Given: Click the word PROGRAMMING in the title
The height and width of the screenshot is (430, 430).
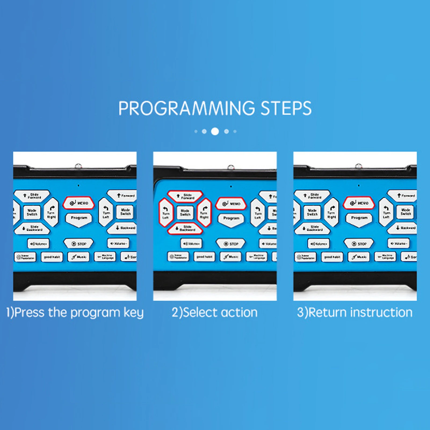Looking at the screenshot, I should click(186, 108).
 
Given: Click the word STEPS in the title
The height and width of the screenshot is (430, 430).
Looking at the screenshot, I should click(286, 108).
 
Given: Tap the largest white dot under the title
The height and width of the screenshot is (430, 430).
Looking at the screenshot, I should click(215, 131).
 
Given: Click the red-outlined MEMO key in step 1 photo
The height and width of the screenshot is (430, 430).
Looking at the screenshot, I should click(79, 203).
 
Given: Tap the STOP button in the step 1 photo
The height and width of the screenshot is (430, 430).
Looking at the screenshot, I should click(78, 244).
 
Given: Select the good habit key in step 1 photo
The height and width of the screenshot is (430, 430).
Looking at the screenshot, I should click(52, 257).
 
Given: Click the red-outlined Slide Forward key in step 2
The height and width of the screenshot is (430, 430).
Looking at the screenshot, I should click(185, 196).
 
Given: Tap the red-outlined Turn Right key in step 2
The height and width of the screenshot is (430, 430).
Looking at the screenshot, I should click(204, 213).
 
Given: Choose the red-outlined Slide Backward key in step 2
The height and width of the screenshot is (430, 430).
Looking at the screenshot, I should click(185, 229).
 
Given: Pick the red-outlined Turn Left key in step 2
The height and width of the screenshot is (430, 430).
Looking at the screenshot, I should click(166, 213).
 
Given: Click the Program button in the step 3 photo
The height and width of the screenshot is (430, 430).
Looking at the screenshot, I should click(359, 218).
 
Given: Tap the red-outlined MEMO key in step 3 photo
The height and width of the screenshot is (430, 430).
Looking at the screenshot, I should click(359, 203).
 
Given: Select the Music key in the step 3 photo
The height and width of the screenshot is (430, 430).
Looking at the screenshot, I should click(359, 257).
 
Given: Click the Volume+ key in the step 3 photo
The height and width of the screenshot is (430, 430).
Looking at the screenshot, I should click(318, 244).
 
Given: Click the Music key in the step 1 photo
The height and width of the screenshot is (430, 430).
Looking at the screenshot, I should click(78, 257).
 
